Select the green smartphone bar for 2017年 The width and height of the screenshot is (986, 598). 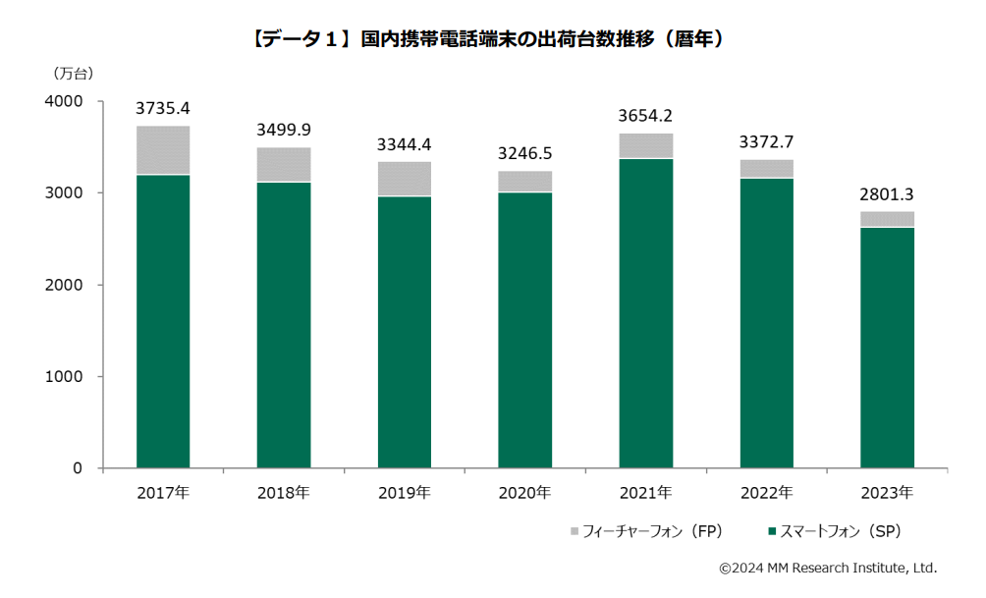click(163, 321)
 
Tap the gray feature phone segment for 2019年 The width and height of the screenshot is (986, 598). click(405, 179)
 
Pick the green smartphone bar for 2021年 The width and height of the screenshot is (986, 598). click(646, 312)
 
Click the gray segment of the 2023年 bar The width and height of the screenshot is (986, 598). click(888, 219)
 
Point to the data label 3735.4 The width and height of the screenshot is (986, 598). click(163, 107)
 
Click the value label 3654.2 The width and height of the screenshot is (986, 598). click(645, 116)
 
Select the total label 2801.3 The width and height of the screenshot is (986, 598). click(888, 194)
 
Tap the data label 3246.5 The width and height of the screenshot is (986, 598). click(524, 154)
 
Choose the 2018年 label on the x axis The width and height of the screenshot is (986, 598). click(283, 492)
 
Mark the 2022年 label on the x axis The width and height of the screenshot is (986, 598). click(766, 492)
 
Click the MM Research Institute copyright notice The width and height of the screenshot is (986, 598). click(828, 568)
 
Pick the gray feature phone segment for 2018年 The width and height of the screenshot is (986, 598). click(284, 164)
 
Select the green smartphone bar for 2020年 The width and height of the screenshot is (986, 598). click(525, 330)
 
